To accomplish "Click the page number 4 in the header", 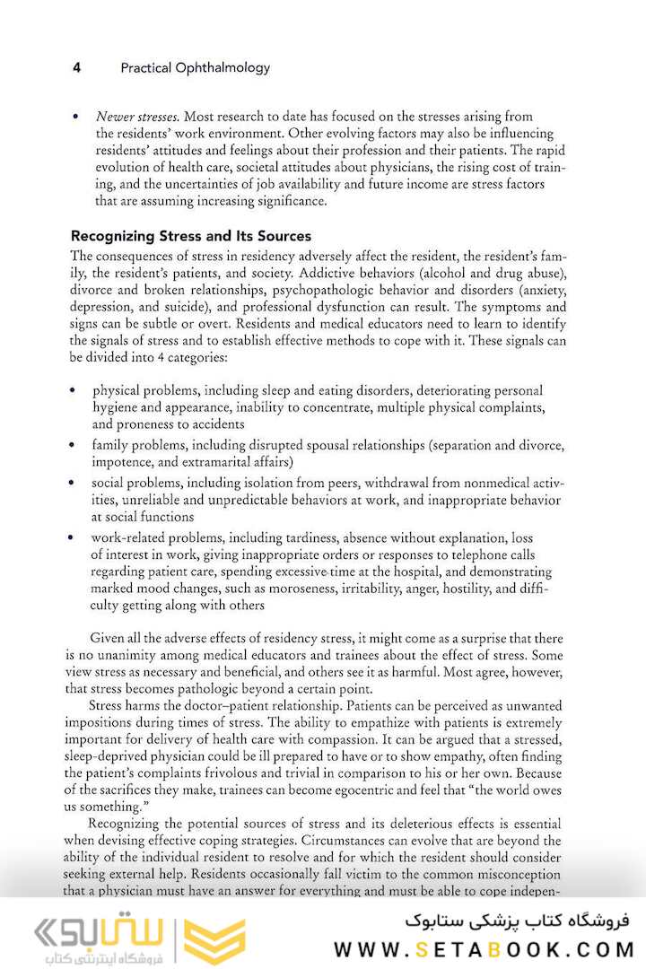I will [x=77, y=67].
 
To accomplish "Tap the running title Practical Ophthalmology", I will [x=195, y=67].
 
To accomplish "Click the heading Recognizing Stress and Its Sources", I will [x=191, y=237].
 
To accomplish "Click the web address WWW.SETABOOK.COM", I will [x=484, y=948].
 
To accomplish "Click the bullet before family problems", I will [x=73, y=446].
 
